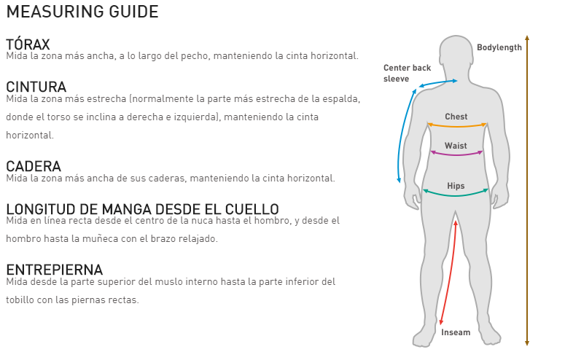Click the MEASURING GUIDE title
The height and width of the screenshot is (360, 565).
tap(82, 12)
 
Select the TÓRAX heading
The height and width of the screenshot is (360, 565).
tap(28, 44)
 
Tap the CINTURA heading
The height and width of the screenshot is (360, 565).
tap(36, 87)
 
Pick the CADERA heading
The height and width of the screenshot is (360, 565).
tap(34, 166)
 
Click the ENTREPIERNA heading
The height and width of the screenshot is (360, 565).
tap(55, 270)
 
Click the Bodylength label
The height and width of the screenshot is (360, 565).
tap(499, 47)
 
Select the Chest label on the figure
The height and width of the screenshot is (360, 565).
tap(456, 117)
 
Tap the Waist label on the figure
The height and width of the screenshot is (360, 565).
tap(456, 146)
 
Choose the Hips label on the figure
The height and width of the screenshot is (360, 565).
tap(456, 186)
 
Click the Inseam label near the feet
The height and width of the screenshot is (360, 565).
tap(456, 332)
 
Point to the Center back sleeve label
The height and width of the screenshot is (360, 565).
tap(408, 73)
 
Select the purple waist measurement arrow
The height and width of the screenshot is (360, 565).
tap(456, 154)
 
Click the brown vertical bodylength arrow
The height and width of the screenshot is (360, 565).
tap(527, 190)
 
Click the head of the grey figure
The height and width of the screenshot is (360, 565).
tap(456, 54)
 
